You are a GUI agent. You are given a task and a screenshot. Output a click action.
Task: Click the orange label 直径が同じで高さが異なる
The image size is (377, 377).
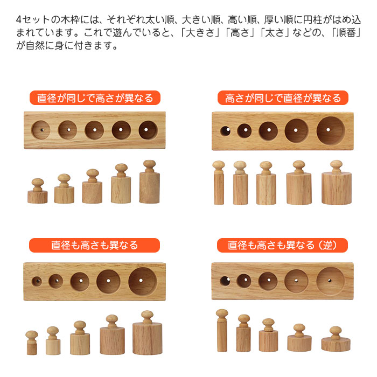[x=95, y=98]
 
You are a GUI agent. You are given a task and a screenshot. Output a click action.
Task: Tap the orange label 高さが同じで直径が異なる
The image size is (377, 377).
[x=283, y=98]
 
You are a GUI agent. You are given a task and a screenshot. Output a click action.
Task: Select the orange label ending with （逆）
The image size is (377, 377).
[x=283, y=246]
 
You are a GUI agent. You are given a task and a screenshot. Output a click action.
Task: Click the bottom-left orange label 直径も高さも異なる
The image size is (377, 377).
[x=95, y=246]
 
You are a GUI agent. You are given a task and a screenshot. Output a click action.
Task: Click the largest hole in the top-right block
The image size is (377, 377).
[x=330, y=130]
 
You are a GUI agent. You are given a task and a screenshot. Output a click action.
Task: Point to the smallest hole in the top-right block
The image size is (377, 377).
[x=225, y=130]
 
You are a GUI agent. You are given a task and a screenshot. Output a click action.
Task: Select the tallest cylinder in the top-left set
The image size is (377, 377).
[x=149, y=183]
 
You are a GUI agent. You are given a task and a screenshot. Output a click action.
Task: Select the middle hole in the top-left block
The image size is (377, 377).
[x=94, y=130]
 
